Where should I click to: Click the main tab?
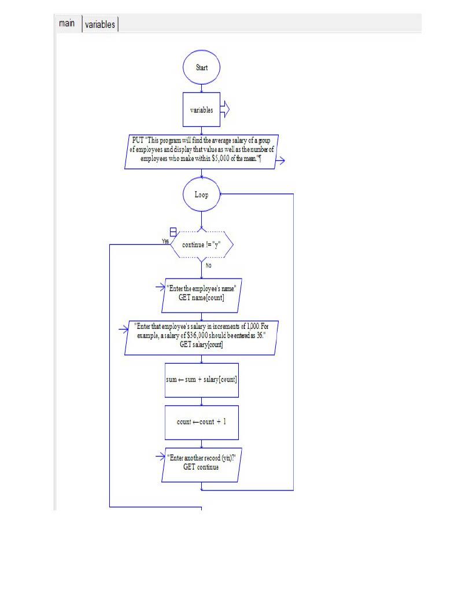point(67,24)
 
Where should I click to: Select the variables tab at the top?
point(101,24)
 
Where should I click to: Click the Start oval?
point(201,68)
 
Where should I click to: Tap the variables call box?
point(201,109)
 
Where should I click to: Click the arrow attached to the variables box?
point(225,109)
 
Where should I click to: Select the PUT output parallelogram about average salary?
point(201,152)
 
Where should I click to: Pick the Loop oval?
point(201,195)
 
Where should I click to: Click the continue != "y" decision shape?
point(201,245)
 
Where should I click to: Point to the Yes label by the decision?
point(165,241)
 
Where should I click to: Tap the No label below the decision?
point(208,266)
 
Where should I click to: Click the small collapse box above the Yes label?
point(165,232)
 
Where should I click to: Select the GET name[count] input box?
point(201,292)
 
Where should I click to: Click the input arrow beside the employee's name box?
point(161,286)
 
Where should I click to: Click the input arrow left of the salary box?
point(122,330)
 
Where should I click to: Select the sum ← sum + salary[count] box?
point(201,380)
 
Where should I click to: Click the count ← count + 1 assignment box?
point(201,422)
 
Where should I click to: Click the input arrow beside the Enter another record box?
point(161,457)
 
